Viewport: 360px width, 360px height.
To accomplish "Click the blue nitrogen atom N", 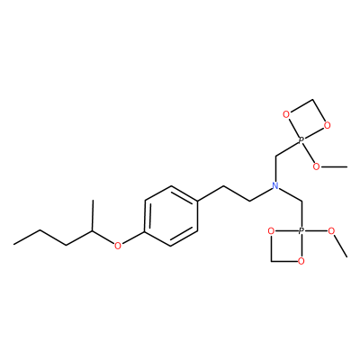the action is (x=275, y=185).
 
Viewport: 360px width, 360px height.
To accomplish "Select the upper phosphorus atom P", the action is (x=301, y=139).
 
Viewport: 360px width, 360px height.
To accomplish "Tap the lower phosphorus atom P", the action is (x=301, y=231).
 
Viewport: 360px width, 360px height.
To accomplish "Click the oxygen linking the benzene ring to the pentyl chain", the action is (x=118, y=246).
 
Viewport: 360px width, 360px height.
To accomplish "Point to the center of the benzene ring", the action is (x=171, y=216).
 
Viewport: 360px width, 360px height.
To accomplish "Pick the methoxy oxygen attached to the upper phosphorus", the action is (x=316, y=166).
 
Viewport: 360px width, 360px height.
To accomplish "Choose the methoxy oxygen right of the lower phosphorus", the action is (x=331, y=231).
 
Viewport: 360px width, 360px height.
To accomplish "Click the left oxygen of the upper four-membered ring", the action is (x=286, y=114).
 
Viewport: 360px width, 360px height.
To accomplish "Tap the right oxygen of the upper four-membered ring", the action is (x=328, y=125).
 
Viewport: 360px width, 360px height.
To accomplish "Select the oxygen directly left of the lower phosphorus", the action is (x=271, y=231).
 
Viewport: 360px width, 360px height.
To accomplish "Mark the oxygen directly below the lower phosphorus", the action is (x=301, y=261).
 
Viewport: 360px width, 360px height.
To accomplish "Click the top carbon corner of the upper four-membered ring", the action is (x=312, y=100).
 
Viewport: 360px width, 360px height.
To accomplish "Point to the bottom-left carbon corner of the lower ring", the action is (x=271, y=261).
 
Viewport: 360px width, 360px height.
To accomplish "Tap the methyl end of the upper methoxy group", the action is (x=346, y=166).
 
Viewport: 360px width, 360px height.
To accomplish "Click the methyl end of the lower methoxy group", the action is (x=346, y=256).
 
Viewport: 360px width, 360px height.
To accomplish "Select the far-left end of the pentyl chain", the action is (x=13, y=245).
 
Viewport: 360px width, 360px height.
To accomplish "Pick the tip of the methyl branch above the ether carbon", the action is (x=93, y=200).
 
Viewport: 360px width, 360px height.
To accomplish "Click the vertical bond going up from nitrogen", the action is (x=275, y=168).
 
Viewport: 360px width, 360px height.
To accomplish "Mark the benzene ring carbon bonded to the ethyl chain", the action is (x=198, y=201).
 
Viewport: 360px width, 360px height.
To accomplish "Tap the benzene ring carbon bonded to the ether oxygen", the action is (x=145, y=231).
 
